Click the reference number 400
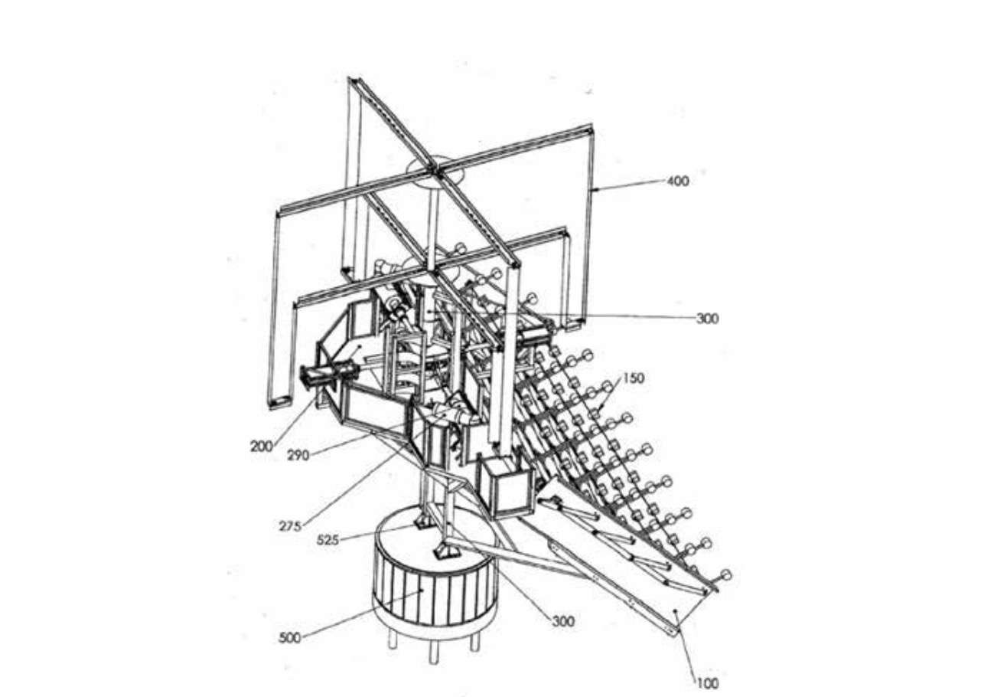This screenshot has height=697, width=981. click(x=677, y=181)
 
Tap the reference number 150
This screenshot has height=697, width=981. click(x=634, y=378)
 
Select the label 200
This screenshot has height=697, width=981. click(x=262, y=447)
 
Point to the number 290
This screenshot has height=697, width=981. click(x=298, y=456)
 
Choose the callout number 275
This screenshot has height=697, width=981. click(x=290, y=526)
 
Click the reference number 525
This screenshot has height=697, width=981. click(x=328, y=540)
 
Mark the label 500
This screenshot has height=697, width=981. click(x=290, y=638)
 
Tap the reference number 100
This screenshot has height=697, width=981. click(x=707, y=683)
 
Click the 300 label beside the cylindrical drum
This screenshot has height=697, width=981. click(x=563, y=621)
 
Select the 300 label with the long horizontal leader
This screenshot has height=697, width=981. click(x=708, y=319)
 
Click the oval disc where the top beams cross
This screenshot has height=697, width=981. click(x=435, y=172)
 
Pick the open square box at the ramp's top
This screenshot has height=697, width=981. click(x=508, y=486)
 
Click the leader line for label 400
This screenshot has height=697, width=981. click(x=629, y=185)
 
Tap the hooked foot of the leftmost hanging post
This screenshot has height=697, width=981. click(x=280, y=401)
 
